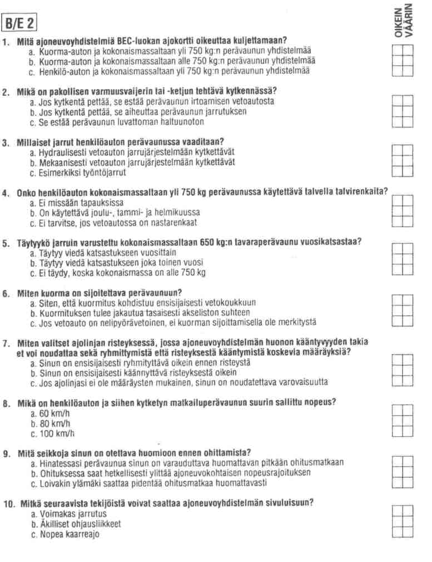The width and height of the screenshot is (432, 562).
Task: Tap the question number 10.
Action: tap(8, 504)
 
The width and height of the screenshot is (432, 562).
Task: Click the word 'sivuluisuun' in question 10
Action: tap(287, 504)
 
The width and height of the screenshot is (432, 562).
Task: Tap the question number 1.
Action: tap(6, 41)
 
